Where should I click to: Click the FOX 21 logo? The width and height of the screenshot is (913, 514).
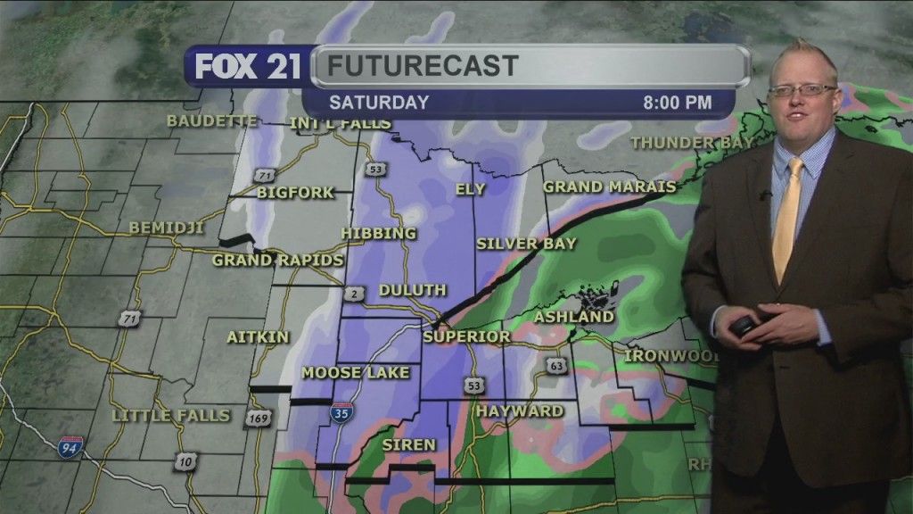[248, 67]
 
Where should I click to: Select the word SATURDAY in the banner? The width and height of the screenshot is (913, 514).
[379, 103]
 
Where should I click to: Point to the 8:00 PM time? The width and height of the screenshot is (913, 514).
[678, 103]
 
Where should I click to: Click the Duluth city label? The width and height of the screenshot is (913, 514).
[413, 290]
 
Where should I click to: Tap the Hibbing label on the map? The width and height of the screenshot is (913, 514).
[379, 234]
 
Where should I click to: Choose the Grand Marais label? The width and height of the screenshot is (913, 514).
[610, 187]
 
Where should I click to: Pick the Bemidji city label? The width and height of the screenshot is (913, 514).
[167, 228]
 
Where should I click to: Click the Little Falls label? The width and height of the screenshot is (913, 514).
[171, 416]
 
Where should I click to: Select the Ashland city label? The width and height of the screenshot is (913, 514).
[574, 317]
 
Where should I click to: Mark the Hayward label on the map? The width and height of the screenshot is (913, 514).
[520, 411]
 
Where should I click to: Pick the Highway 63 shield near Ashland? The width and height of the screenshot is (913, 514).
[558, 365]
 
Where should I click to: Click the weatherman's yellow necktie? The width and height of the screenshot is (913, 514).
[787, 219]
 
